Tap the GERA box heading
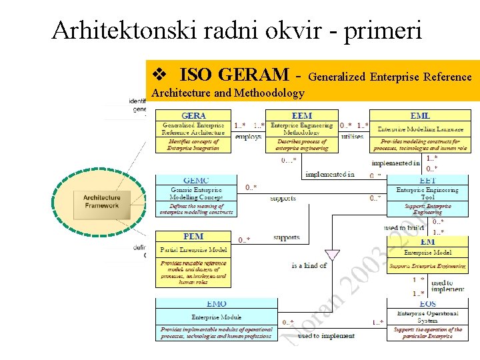pyautogui.click(x=194, y=116)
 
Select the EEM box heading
pyautogui.click(x=302, y=116)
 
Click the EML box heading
pyautogui.click(x=420, y=116)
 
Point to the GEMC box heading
pyautogui.click(x=196, y=180)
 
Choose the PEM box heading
pyautogui.click(x=193, y=236)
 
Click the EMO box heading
pyautogui.click(x=216, y=304)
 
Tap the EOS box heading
pyautogui.click(x=427, y=304)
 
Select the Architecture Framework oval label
pyautogui.click(x=101, y=201)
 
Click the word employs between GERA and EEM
pyautogui.click(x=248, y=137)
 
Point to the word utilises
pyautogui.click(x=352, y=137)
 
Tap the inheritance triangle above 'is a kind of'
pyautogui.click(x=332, y=255)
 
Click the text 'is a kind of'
pyautogui.click(x=309, y=265)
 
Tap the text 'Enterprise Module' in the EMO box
pyautogui.click(x=216, y=317)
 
